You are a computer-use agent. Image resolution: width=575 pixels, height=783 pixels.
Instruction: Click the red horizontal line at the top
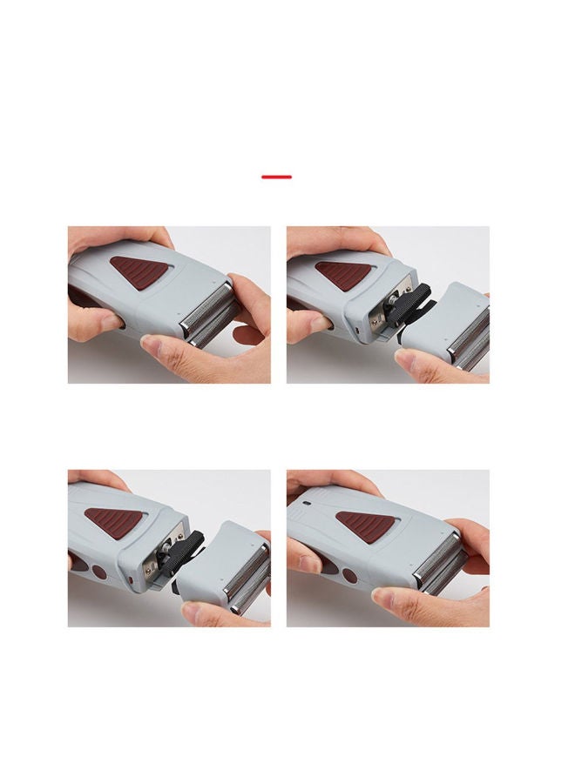276,177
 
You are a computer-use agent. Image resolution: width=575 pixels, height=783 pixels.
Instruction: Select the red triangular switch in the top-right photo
342,273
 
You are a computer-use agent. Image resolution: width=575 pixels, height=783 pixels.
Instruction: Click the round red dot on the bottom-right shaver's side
349,575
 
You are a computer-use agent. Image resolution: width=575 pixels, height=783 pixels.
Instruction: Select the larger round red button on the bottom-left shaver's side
97,575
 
